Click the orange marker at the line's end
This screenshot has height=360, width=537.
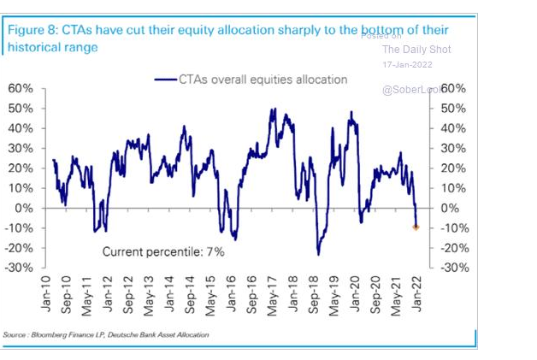point(416,227)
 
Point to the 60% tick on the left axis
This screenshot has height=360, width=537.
point(21,89)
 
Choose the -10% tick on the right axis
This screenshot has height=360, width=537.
point(454,227)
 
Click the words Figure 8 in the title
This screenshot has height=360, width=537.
point(32,31)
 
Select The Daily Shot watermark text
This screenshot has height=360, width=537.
point(416,50)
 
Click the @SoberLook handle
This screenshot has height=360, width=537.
point(411,90)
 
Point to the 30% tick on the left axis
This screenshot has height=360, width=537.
point(21,148)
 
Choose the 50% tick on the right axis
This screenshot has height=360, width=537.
point(454,109)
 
